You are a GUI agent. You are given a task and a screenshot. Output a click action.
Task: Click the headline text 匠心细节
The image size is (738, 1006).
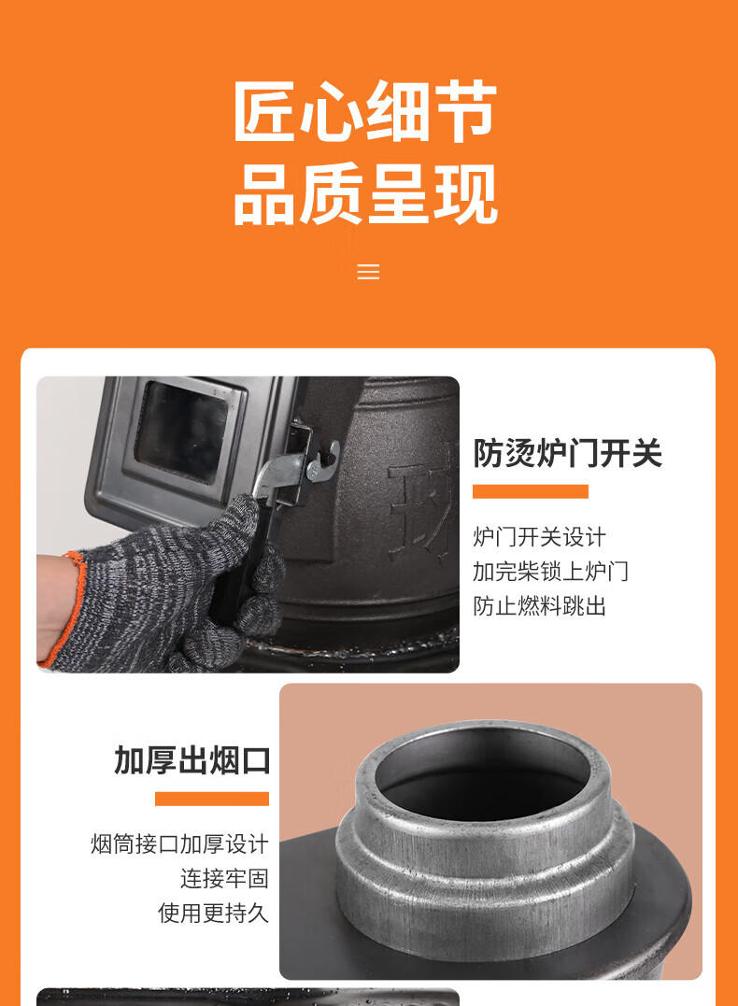coord(365,112)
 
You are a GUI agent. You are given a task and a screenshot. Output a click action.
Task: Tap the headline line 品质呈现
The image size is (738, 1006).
coord(365,195)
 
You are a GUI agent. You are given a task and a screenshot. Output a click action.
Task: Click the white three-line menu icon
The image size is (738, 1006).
coord(368,272)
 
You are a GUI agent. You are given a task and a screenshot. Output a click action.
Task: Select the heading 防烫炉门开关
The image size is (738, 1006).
coord(567,453)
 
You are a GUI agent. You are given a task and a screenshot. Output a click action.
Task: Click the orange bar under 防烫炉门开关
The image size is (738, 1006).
coord(530,491)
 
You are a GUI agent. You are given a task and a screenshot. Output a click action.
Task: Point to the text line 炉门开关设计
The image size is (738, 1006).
coord(539,537)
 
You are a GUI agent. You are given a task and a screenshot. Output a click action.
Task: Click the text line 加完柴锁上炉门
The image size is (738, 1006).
coord(550,571)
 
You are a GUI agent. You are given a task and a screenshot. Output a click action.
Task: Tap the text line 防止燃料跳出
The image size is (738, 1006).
coord(539,605)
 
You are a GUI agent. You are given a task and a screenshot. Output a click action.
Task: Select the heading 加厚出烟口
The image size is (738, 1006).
coord(192,760)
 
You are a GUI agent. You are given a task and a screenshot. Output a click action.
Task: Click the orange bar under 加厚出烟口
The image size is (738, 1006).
coord(211,799)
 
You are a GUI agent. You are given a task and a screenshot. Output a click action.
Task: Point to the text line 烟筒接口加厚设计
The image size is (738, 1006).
coord(179,844)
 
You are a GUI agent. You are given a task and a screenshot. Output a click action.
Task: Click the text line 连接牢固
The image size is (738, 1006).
coord(224,878)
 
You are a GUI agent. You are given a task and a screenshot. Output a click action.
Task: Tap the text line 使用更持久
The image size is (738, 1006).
coord(213,913)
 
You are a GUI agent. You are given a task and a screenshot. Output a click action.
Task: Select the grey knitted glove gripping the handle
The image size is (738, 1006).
coord(177,588)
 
